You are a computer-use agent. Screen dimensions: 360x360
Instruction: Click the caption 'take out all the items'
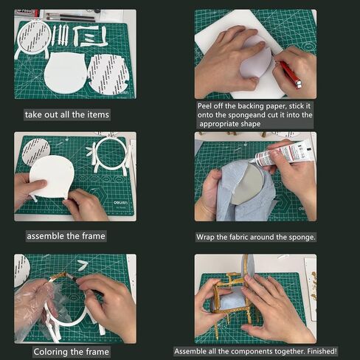[x=66, y=114]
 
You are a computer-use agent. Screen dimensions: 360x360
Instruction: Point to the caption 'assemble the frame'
[x=66, y=236]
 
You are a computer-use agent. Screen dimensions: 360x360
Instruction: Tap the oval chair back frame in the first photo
[x=34, y=37]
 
